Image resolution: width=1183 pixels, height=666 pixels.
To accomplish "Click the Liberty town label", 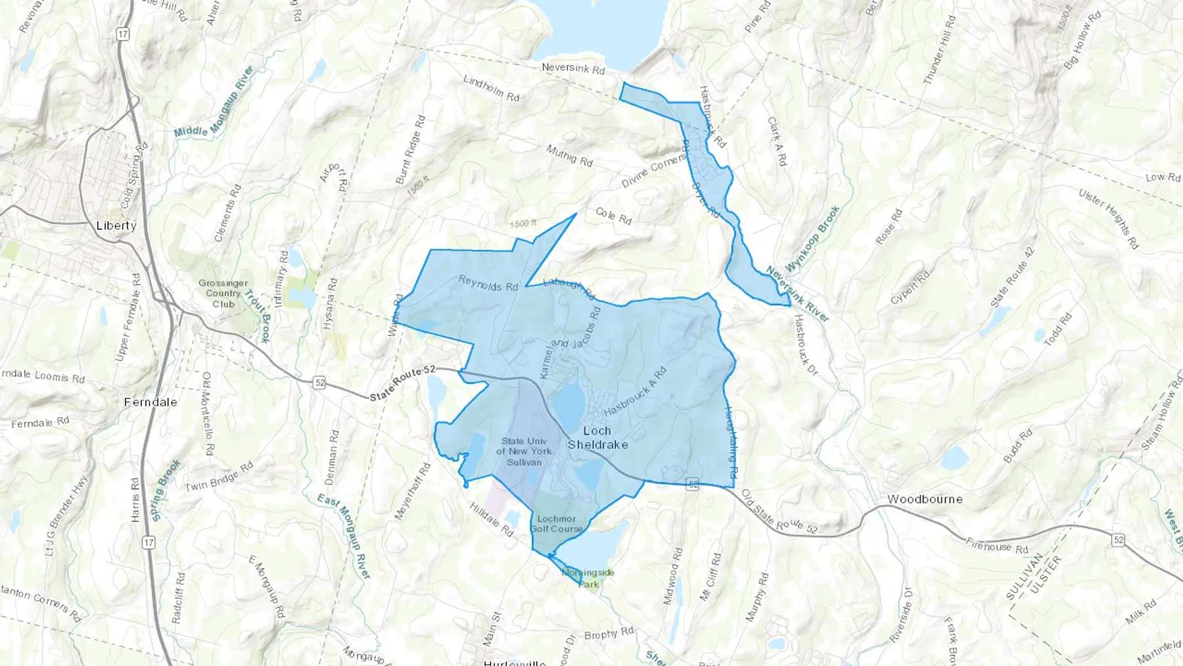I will (x=116, y=226).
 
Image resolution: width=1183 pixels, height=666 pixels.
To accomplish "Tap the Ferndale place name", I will (x=151, y=402).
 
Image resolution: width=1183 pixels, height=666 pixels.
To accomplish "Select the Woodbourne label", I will (x=925, y=499).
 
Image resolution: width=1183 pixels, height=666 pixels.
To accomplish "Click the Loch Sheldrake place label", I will (x=597, y=438).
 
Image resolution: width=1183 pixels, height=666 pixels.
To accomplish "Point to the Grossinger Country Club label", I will (x=223, y=293).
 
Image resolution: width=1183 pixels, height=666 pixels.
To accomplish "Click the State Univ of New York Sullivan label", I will (x=524, y=452).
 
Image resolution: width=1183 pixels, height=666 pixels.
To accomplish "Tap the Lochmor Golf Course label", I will (x=556, y=523).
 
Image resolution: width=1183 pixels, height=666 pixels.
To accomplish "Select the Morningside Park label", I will (x=588, y=578).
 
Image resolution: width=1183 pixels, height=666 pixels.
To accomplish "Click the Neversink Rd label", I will (x=572, y=68).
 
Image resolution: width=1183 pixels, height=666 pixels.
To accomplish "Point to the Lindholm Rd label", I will (x=491, y=89).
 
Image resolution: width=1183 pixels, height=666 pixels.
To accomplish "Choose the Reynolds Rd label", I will (x=488, y=283).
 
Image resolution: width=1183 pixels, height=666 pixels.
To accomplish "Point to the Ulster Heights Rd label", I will (x=1108, y=218).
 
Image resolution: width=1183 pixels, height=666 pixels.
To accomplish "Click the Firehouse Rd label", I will (x=996, y=546).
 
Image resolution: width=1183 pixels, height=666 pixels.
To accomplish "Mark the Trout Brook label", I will (x=257, y=316).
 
